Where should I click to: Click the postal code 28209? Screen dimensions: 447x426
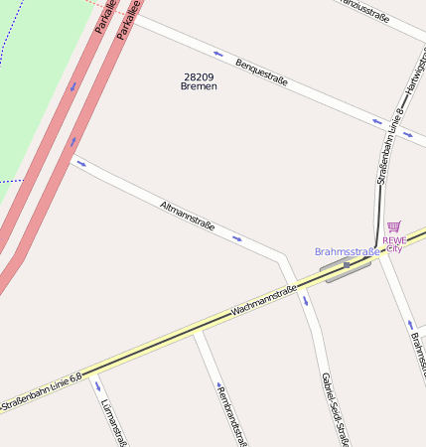[x=200, y=76]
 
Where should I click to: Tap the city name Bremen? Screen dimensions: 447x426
[x=199, y=86]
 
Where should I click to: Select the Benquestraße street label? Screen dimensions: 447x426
[x=261, y=73]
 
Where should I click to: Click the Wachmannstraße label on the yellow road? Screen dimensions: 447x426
[x=264, y=301]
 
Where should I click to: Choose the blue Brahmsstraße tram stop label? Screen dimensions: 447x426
[x=347, y=251]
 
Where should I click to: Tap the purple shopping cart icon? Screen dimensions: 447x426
[x=394, y=227]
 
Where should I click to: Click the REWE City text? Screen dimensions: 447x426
[x=394, y=243]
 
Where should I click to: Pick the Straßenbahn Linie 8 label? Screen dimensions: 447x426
[x=388, y=146]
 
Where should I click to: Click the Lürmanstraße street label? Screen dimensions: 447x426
[x=113, y=423]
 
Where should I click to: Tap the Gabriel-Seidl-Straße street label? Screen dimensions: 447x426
[x=334, y=408]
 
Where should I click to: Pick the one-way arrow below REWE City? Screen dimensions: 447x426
[x=410, y=325]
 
